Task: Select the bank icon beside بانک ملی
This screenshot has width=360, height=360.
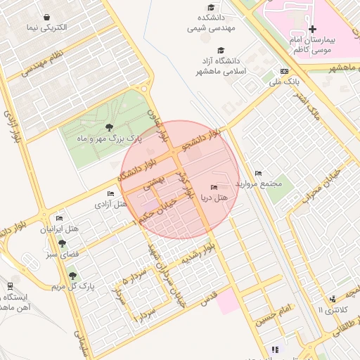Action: pyautogui.click(x=284, y=72)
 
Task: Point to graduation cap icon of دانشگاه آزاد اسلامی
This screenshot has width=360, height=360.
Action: pyautogui.click(x=221, y=50)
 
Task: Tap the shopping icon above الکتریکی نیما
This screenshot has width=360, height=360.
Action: pyautogui.click(x=46, y=17)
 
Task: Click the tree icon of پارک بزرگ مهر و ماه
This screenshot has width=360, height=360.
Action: pyautogui.click(x=108, y=127)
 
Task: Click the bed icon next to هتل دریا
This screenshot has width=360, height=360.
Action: pyautogui.click(x=214, y=187)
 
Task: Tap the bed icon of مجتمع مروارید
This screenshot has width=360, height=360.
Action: pyautogui.click(x=258, y=173)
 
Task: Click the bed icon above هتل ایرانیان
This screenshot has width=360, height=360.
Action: pyautogui.click(x=59, y=219)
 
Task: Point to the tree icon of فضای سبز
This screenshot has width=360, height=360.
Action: pyautogui.click(x=63, y=243)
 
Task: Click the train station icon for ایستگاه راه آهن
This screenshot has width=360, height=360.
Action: pyautogui.click(x=10, y=285)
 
